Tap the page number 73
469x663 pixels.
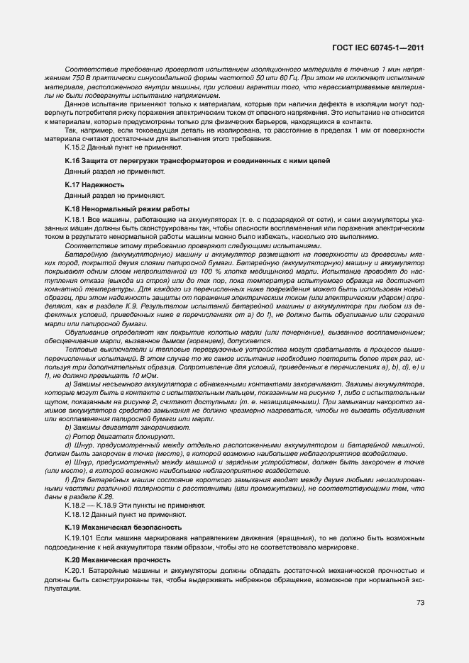click(x=421, y=603)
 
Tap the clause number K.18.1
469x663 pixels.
click(x=76, y=221)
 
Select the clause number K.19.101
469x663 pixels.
click(x=79, y=540)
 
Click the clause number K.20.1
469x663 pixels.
click(x=76, y=572)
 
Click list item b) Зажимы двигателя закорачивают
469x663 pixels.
click(x=118, y=428)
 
